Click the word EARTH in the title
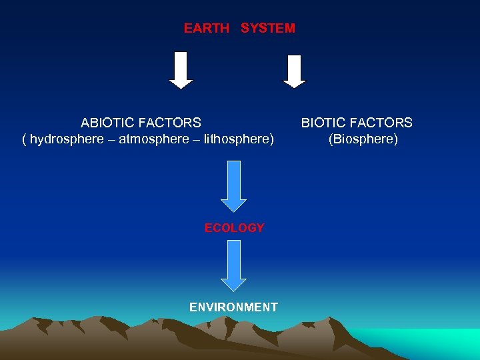[x=206, y=29]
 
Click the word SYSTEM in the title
[x=267, y=29]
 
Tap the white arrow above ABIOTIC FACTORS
[x=181, y=70]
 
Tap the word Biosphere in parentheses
[x=363, y=139]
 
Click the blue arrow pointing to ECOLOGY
[x=233, y=186]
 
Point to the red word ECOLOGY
[x=234, y=228]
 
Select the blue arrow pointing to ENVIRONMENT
[x=233, y=265]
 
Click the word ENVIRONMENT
[x=233, y=307]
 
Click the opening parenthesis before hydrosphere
[x=25, y=139]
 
